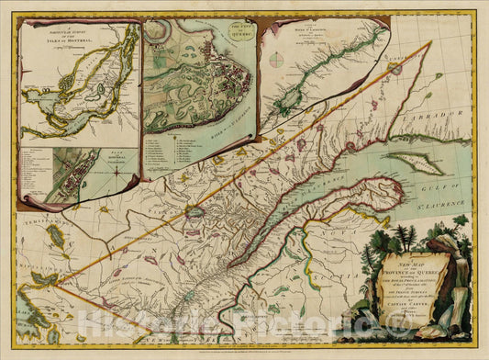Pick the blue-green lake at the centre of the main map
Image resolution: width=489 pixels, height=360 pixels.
click(194, 212)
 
